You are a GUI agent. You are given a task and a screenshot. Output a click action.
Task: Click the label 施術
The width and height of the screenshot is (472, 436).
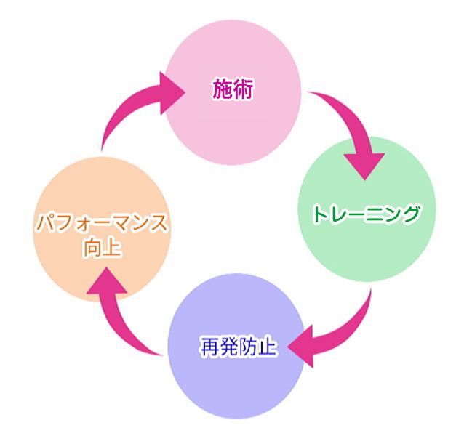(x=233, y=90)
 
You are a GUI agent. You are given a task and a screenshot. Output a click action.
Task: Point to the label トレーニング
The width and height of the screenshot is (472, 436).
(x=367, y=214)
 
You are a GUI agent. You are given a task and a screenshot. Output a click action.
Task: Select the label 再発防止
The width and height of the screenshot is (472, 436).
(x=239, y=346)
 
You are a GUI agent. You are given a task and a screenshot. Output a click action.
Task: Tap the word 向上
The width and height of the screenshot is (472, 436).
(x=102, y=249)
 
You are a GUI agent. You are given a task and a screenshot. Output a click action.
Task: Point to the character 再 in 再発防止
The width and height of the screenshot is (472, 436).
(x=209, y=346)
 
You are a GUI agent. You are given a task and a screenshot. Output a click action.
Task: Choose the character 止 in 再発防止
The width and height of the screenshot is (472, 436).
(x=268, y=346)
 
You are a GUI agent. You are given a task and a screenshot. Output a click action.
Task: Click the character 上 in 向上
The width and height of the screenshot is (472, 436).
(x=112, y=249)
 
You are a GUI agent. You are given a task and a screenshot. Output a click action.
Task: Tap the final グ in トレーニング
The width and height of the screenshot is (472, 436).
(x=412, y=214)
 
